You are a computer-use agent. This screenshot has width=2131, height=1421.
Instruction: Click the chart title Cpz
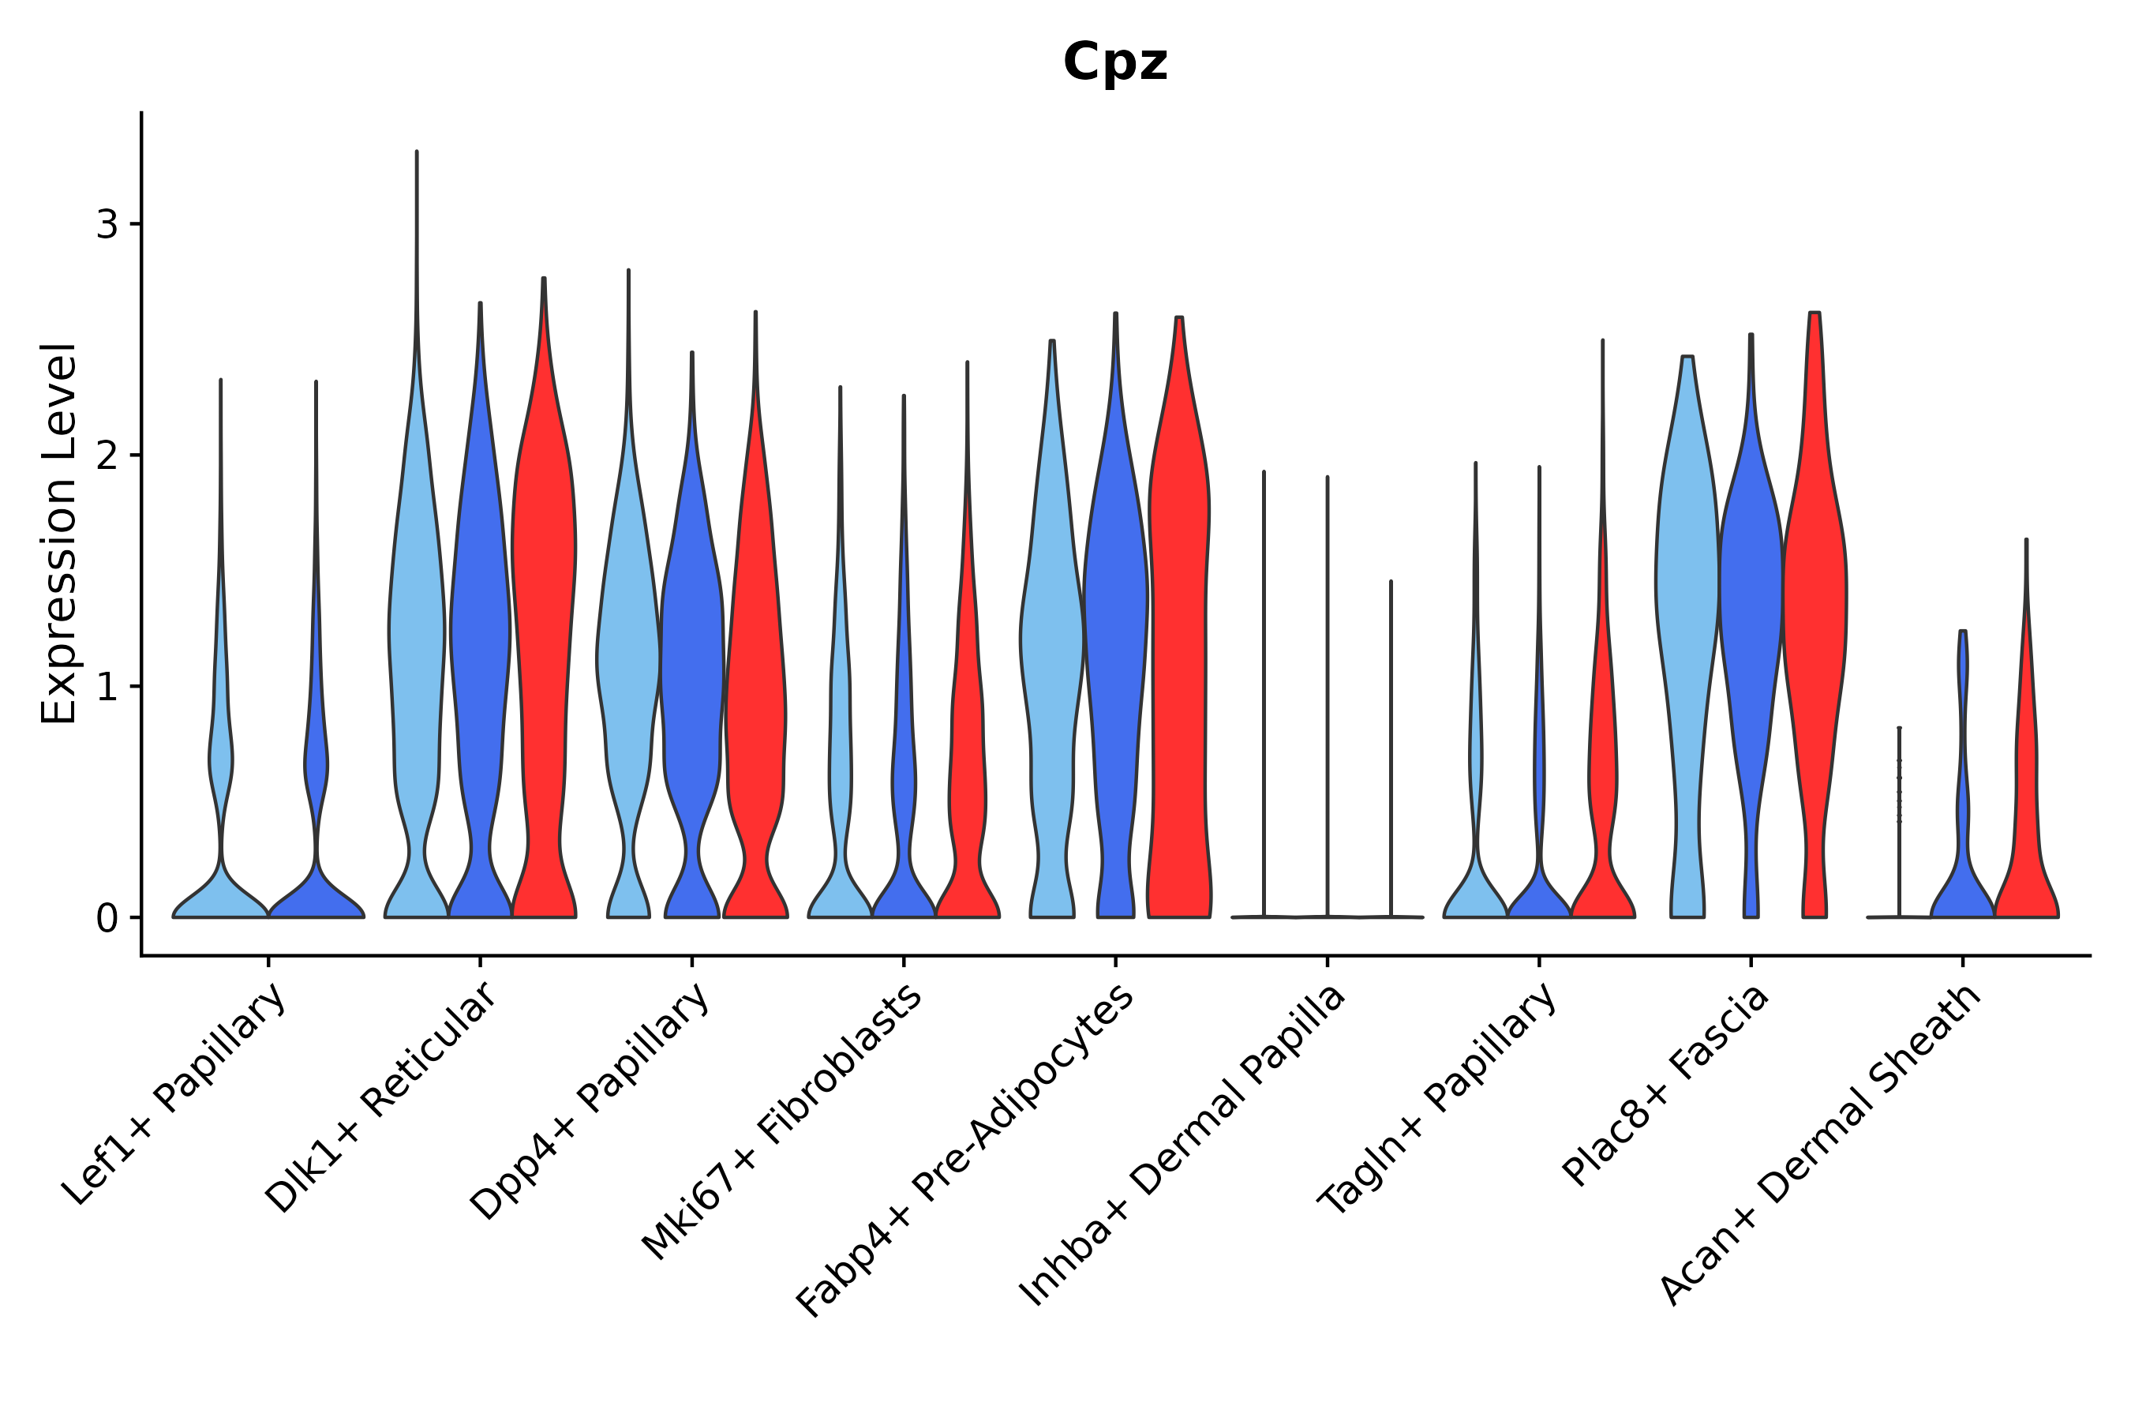tap(1114, 63)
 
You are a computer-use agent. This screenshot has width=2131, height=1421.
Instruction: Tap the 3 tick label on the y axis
tap(107, 224)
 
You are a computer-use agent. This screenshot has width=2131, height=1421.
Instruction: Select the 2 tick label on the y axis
tap(107, 455)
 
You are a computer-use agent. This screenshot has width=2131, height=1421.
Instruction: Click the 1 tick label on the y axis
tap(107, 687)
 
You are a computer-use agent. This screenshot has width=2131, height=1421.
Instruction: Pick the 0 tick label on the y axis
tap(107, 918)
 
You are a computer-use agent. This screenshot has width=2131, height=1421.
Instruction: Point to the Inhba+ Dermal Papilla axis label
tap(1182, 1145)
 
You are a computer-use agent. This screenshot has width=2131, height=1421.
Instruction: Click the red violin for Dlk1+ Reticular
tap(544, 635)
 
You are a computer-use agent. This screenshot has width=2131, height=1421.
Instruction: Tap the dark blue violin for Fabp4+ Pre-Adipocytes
tap(1115, 635)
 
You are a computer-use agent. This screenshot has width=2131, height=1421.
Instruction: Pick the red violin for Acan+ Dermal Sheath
tap(2026, 815)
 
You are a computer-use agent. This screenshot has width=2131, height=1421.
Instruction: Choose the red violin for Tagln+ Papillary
tap(1603, 770)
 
